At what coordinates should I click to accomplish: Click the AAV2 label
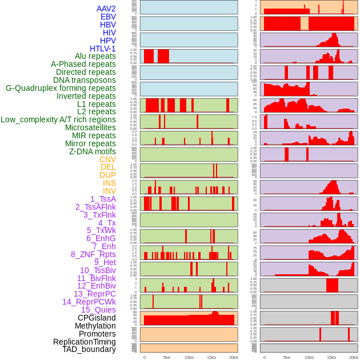pyautogui.click(x=106, y=9)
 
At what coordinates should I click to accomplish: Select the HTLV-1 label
pyautogui.click(x=102, y=49)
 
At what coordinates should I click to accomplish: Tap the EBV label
pyautogui.click(x=108, y=17)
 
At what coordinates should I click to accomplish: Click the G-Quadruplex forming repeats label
pyautogui.click(x=61, y=88)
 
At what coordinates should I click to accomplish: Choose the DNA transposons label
pyautogui.click(x=85, y=80)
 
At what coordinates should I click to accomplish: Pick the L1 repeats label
pyautogui.click(x=97, y=104)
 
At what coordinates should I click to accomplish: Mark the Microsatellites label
pyautogui.click(x=90, y=127)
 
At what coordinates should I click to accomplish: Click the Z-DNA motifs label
pyautogui.click(x=93, y=151)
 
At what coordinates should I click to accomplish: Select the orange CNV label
pyautogui.click(x=107, y=159)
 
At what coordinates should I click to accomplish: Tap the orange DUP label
pyautogui.click(x=107, y=175)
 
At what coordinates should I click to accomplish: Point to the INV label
pyautogui.click(x=109, y=191)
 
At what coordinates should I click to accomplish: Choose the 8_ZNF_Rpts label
pyautogui.click(x=93, y=254)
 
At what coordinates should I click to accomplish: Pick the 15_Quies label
pyautogui.click(x=98, y=310)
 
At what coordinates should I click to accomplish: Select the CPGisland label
pyautogui.click(x=97, y=318)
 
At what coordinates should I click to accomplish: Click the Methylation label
pyautogui.click(x=95, y=326)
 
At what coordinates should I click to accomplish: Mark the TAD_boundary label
pyautogui.click(x=89, y=349)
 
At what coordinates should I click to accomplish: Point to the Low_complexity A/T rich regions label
pyautogui.click(x=58, y=119)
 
